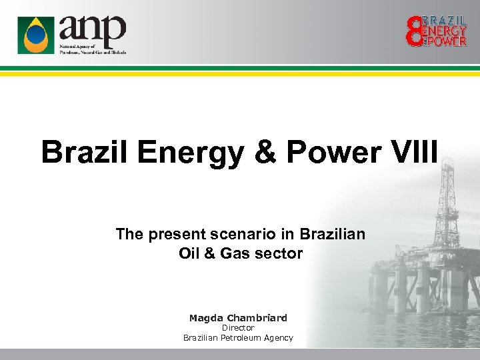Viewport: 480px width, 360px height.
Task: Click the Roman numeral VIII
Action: tap(417, 152)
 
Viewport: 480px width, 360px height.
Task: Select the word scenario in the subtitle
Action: tap(255, 234)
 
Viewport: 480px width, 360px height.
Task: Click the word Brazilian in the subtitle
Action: tap(332, 234)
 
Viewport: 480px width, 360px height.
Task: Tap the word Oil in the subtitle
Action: tap(190, 253)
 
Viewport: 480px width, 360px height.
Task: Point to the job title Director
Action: tap(238, 328)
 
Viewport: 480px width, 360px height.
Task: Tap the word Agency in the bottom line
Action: tap(279, 338)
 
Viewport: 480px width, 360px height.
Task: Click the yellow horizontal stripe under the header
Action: tap(240, 73)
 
